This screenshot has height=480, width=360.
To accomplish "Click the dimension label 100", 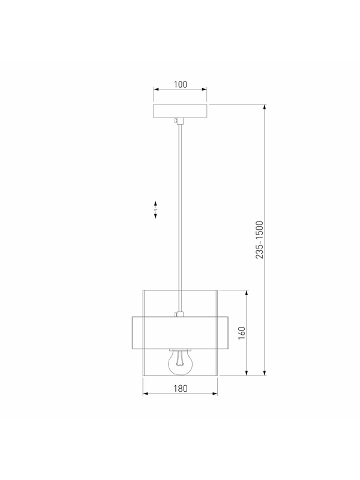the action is (181, 84).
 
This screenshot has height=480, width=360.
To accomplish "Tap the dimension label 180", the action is (181, 388).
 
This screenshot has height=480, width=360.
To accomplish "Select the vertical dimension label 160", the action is (242, 333).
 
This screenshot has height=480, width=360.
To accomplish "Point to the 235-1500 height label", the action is (259, 239).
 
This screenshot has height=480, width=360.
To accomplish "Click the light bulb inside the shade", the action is (181, 362).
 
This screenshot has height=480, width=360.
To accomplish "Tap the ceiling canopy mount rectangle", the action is (181, 111).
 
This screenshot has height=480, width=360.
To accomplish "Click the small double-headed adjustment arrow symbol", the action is (155, 209).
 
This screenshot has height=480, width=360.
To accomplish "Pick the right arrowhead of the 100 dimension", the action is (204, 89).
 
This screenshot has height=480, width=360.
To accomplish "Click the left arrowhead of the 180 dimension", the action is (146, 394).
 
